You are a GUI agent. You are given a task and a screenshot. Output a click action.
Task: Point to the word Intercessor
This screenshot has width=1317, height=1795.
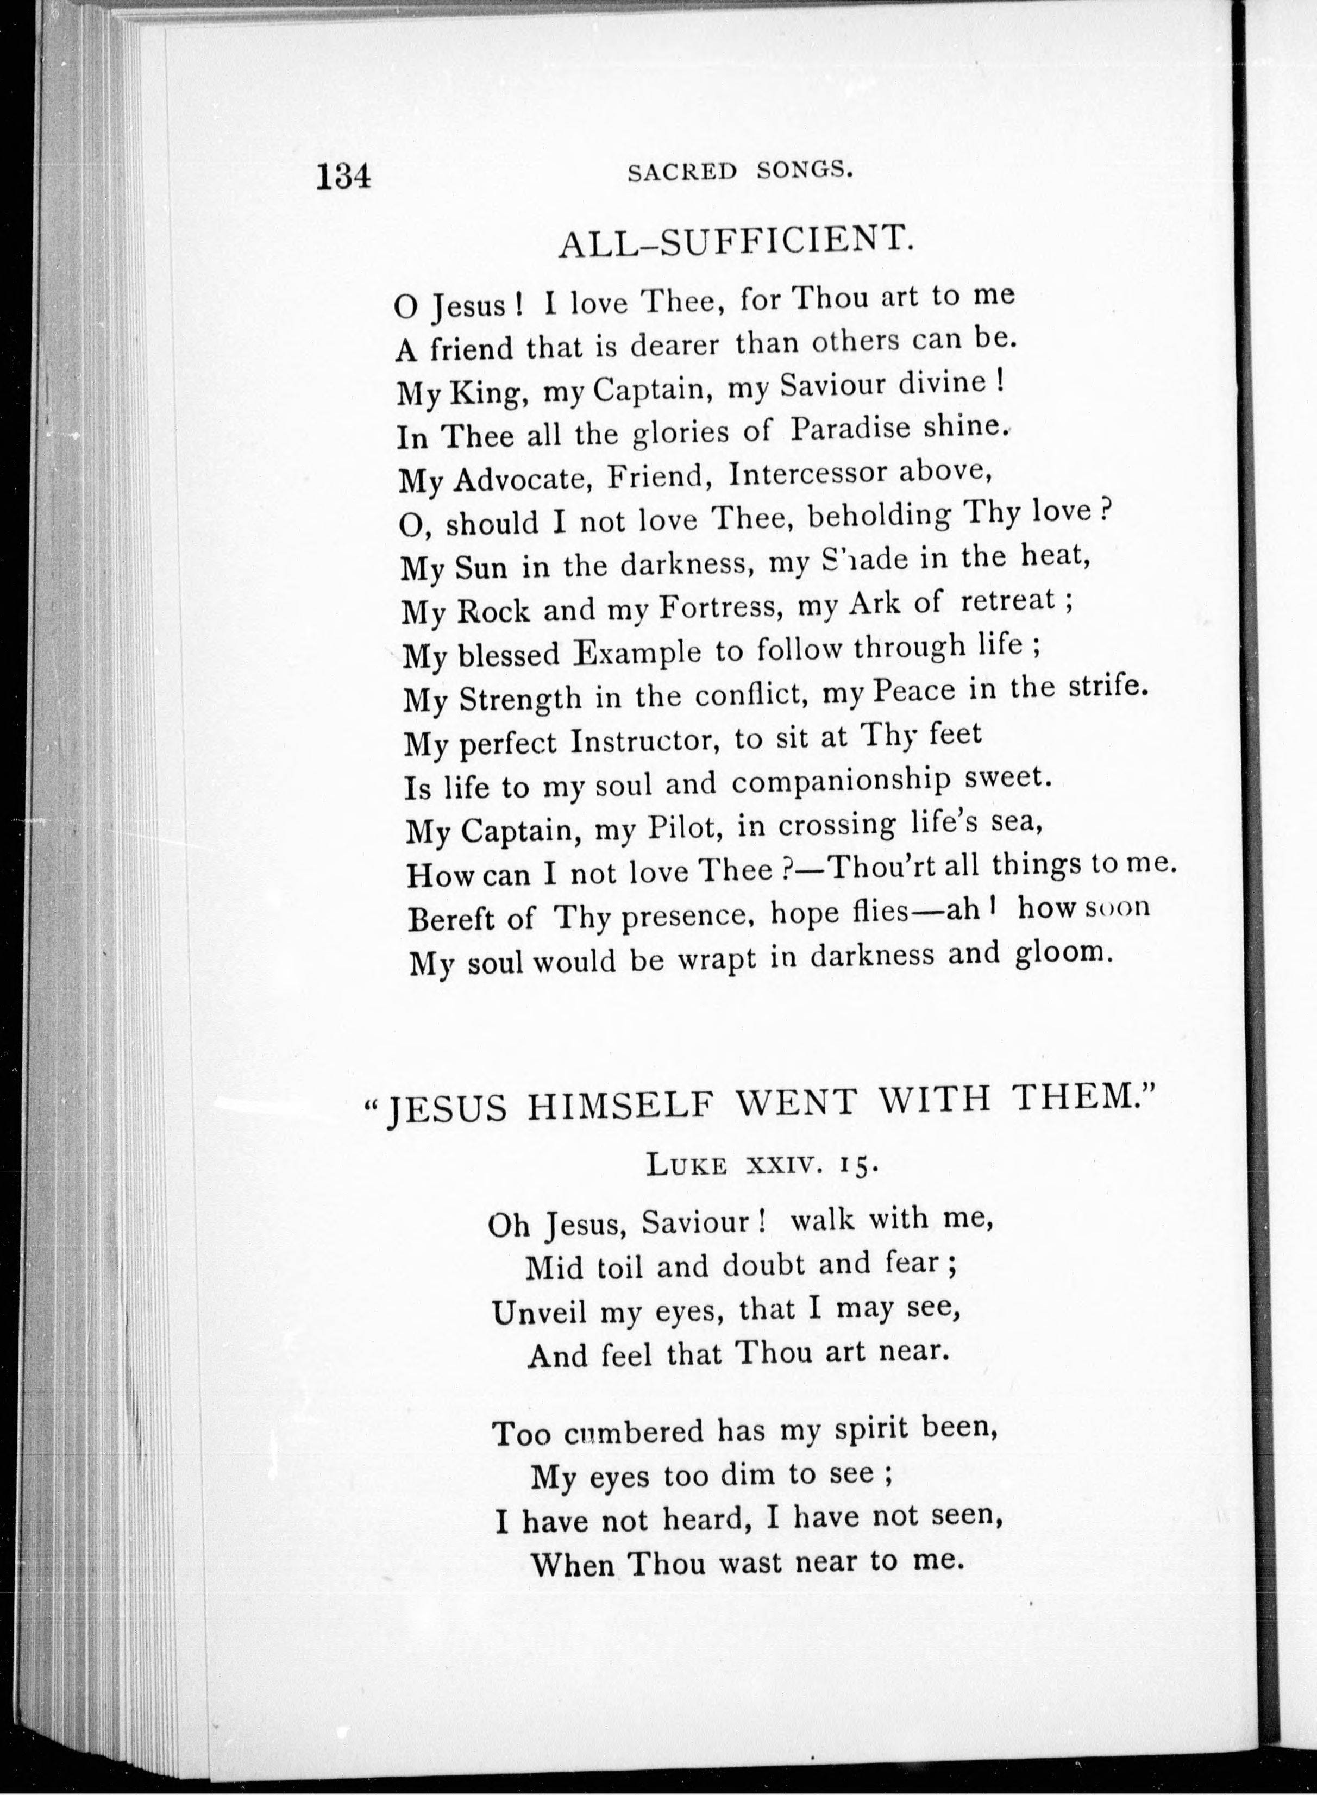[x=807, y=475]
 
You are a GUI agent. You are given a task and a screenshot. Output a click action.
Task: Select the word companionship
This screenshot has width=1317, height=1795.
[x=841, y=782]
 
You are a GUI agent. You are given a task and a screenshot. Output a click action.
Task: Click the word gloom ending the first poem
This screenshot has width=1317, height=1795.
[x=1062, y=954]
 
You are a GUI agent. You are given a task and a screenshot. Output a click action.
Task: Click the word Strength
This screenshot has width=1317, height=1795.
[x=520, y=699]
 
